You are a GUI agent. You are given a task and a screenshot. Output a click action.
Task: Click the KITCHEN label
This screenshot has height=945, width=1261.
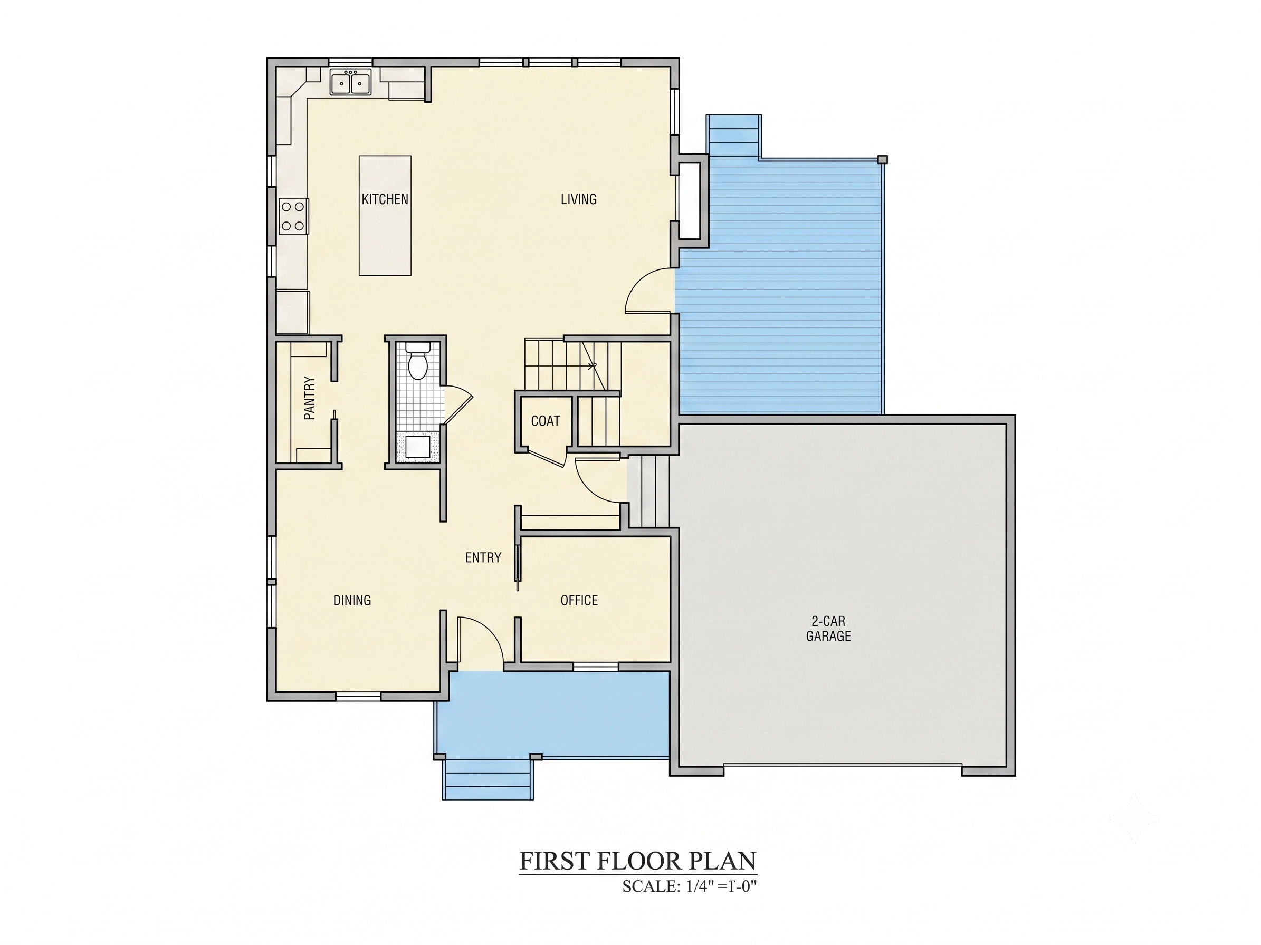point(385,199)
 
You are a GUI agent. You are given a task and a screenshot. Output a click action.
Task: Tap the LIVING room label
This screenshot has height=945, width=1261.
point(579,199)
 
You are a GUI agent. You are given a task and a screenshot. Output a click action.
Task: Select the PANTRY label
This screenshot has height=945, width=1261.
point(310,398)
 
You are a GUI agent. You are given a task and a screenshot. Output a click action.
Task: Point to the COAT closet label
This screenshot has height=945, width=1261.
point(546,421)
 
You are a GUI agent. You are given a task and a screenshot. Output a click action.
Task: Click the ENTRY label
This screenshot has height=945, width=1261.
point(483,557)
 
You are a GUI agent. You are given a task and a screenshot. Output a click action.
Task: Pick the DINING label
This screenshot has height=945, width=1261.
point(352,600)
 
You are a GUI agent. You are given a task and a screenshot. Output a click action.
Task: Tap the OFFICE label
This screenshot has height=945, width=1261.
point(579,600)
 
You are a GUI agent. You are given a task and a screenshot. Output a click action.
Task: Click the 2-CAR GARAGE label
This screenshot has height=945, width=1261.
point(828,629)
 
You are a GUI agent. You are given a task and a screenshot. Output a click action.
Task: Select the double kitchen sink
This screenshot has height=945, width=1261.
point(350,82)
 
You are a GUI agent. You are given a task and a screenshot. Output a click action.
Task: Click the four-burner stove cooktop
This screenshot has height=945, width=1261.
point(293,216)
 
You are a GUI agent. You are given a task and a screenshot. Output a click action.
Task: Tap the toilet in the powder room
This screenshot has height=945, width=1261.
point(419,361)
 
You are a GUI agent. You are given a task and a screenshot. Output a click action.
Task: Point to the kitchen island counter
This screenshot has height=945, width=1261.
point(385,215)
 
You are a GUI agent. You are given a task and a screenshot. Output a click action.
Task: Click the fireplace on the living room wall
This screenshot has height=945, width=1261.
point(690,200)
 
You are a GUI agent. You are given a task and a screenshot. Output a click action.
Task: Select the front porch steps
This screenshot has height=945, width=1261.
point(489,779)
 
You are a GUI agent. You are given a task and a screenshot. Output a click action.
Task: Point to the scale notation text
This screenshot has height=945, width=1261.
point(689,886)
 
